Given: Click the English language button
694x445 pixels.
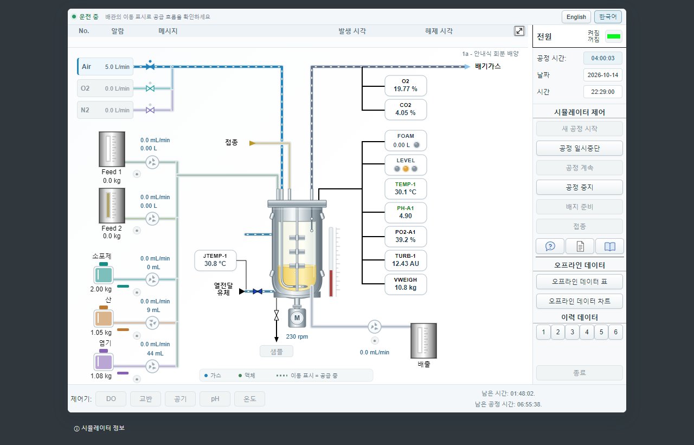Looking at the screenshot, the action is tap(576, 17).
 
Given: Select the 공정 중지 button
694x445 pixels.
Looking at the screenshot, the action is tap(580, 187).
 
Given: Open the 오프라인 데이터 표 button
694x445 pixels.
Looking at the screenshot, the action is tap(580, 282).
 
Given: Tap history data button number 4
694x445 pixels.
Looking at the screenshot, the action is tap(587, 332).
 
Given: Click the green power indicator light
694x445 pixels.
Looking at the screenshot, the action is tap(613, 36).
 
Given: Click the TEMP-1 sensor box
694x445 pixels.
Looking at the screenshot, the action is tap(406, 188).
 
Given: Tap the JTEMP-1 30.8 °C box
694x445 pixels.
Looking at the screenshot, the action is tap(215, 260).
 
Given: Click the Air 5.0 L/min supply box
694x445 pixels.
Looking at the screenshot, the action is tap(105, 67).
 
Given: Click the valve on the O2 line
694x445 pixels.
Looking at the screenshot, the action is tap(150, 88).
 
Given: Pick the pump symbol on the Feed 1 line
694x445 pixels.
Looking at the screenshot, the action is tap(152, 162).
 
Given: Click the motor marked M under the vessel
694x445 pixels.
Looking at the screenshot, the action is tap(297, 318).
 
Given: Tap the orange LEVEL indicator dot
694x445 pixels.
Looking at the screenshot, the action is tap(406, 169).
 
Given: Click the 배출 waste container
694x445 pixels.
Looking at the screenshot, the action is tap(423, 341).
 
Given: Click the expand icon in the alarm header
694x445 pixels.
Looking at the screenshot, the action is tap(519, 31).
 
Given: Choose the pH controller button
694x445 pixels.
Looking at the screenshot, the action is tap(215, 399).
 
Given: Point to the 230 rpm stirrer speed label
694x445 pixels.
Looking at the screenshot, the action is tap(297, 336).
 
